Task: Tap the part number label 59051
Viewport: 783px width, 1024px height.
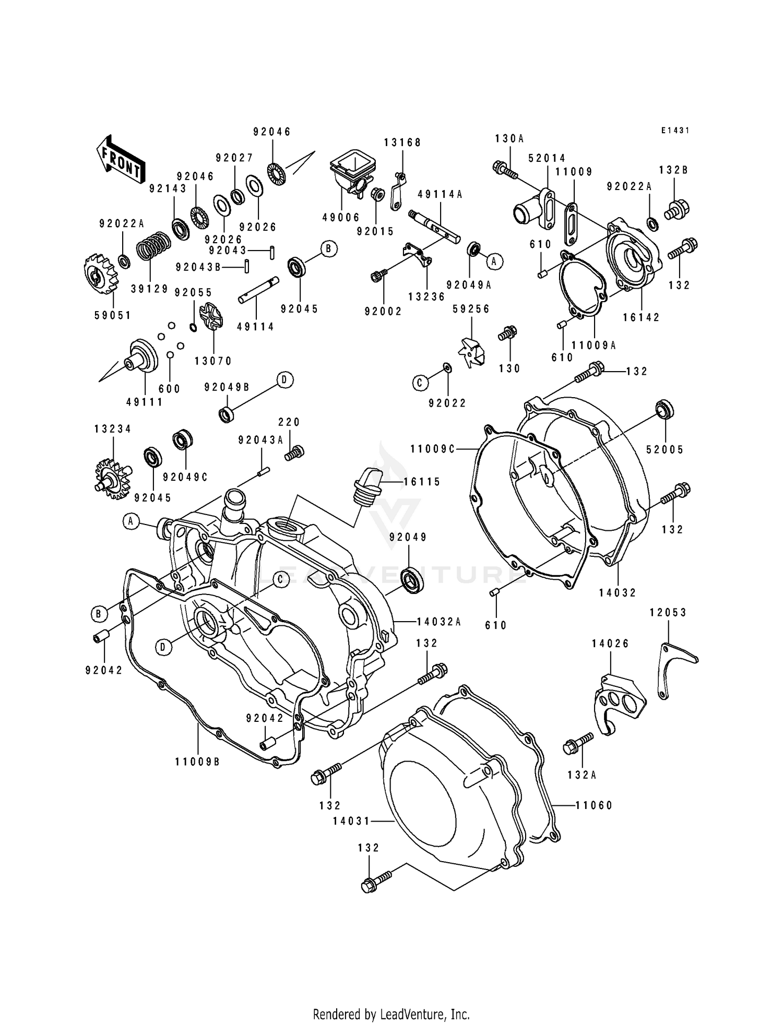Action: click(x=113, y=315)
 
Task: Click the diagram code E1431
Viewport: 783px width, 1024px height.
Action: click(x=675, y=130)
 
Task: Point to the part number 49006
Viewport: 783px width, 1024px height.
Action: click(x=341, y=217)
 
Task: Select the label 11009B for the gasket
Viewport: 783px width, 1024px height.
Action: click(x=197, y=762)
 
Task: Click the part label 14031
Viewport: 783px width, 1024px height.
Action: click(x=351, y=821)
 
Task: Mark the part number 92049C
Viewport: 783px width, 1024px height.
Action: click(x=185, y=477)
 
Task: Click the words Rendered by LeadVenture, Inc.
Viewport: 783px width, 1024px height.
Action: click(x=391, y=1000)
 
